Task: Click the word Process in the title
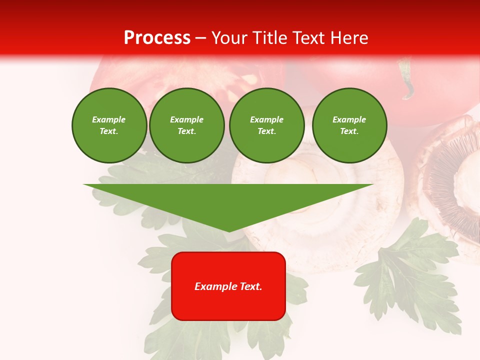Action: (157, 38)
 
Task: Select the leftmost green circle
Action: (109, 125)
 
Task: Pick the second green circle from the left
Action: (186, 125)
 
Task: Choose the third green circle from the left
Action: (266, 125)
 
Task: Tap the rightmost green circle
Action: (349, 125)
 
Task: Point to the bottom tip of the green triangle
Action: (229, 230)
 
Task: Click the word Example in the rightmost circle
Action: (349, 119)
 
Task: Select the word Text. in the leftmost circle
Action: (109, 131)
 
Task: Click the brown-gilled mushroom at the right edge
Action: (452, 185)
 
